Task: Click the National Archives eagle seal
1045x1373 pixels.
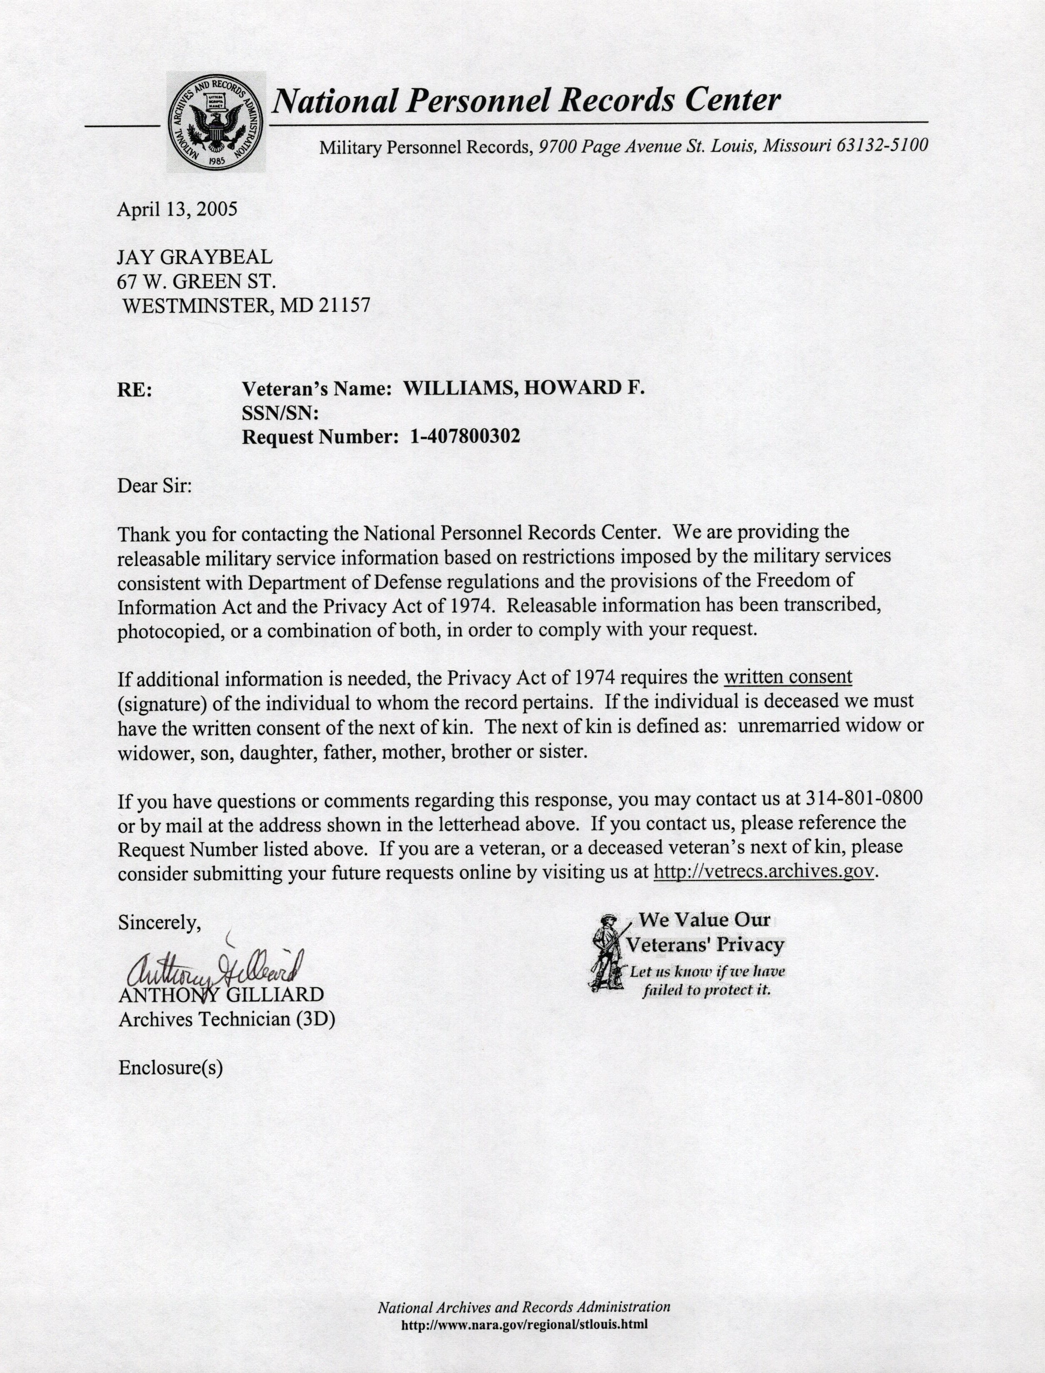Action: pos(215,123)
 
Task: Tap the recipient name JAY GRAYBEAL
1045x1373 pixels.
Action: pos(195,257)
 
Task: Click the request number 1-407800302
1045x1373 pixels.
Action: pos(465,437)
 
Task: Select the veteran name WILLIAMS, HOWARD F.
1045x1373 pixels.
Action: pos(524,388)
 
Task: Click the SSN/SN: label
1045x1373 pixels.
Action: pos(280,413)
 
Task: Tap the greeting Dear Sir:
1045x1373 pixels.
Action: pos(155,485)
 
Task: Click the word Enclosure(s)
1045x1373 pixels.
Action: pos(170,1068)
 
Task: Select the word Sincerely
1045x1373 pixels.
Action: pos(159,922)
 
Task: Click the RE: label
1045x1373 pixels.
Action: pos(134,390)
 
